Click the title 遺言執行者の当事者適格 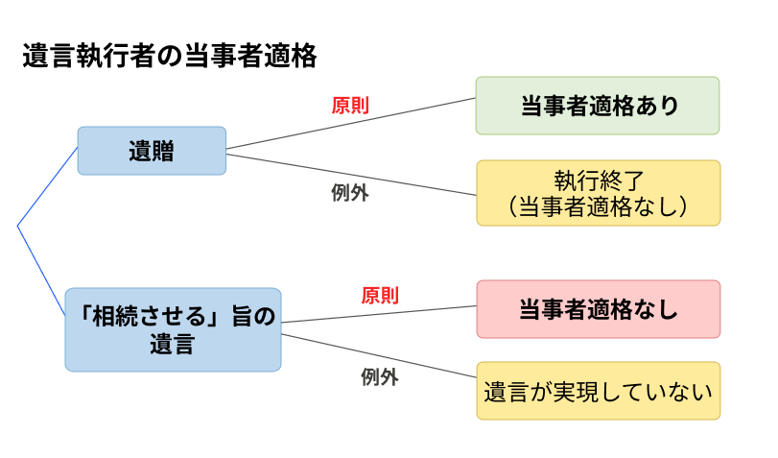[169, 57]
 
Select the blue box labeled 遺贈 [152, 151]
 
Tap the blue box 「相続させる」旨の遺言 [173, 329]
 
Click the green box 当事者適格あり [598, 106]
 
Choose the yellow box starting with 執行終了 [598, 193]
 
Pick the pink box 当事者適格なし [598, 309]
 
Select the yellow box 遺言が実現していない [598, 391]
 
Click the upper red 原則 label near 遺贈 [350, 106]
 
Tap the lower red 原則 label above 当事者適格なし [380, 296]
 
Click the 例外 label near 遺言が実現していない [380, 377]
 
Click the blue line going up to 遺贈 [48, 187]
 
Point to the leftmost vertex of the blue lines [18, 227]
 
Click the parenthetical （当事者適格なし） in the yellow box [598, 205]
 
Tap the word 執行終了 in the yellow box [598, 181]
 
